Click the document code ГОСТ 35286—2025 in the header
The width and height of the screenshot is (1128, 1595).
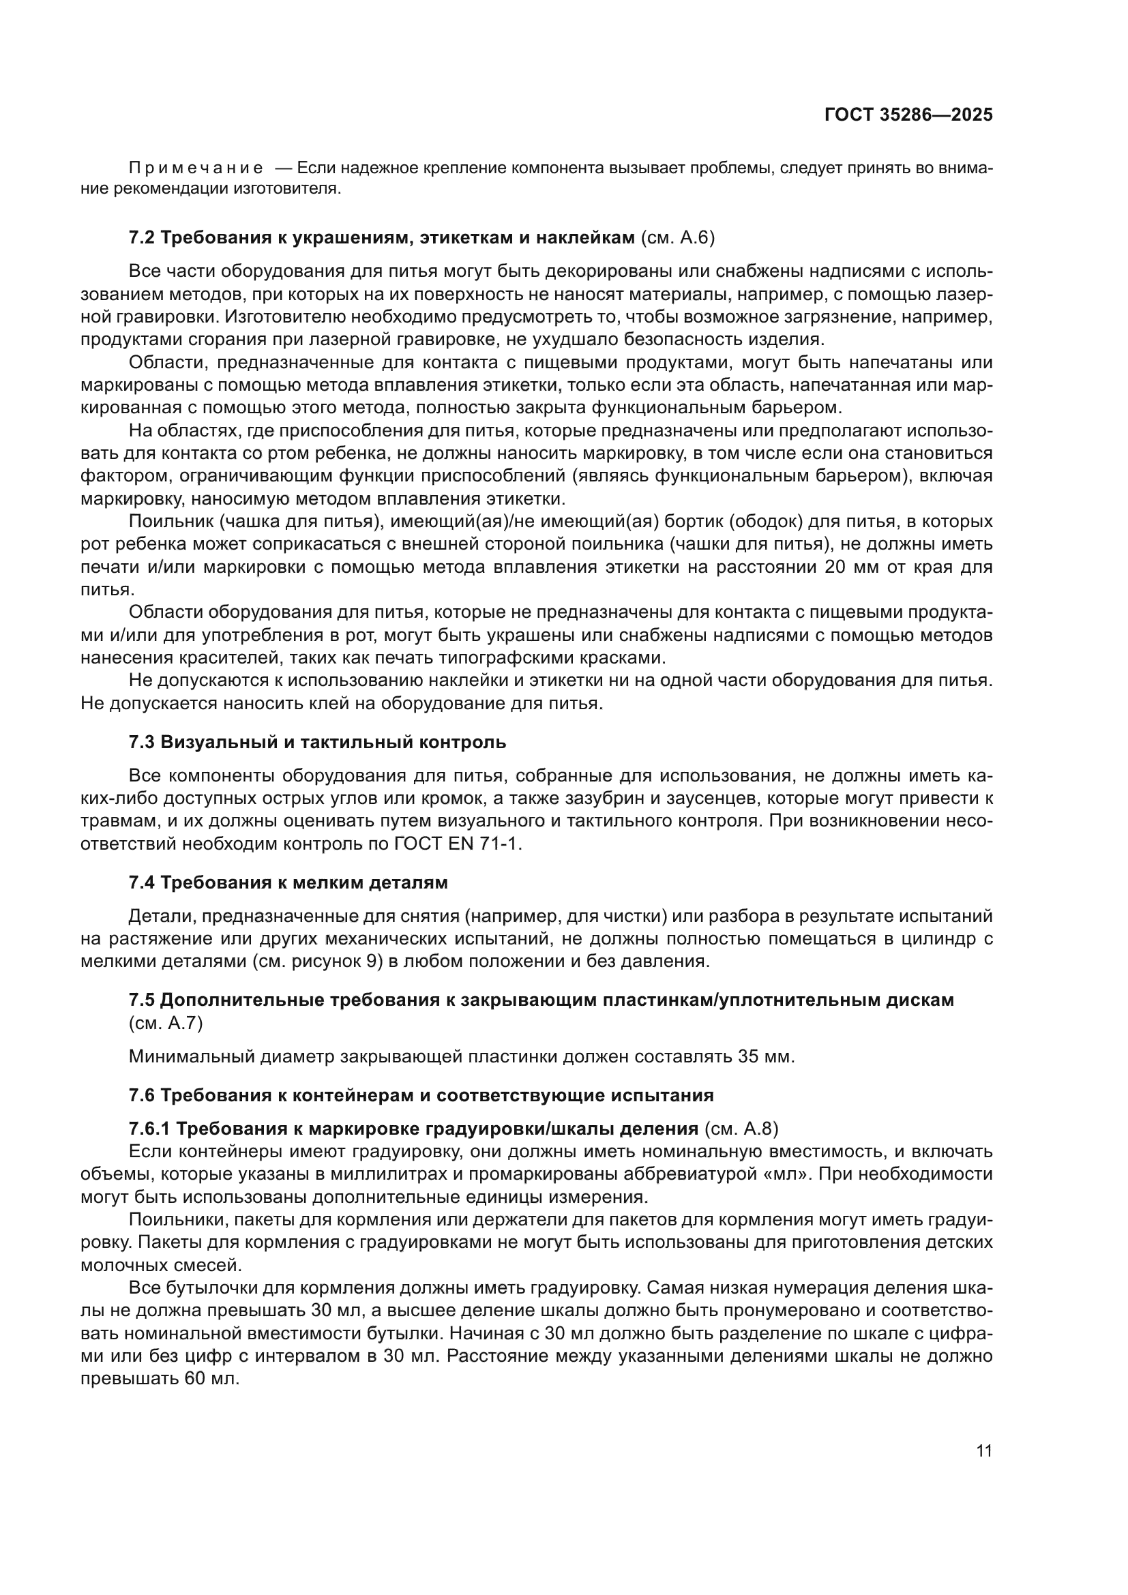pyautogui.click(x=908, y=115)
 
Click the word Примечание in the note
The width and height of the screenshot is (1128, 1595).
pyautogui.click(x=196, y=168)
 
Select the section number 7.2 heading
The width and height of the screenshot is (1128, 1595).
pyautogui.click(x=143, y=237)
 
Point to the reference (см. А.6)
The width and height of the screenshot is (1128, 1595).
pyautogui.click(x=677, y=237)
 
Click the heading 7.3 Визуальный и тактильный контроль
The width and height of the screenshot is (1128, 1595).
pyautogui.click(x=317, y=742)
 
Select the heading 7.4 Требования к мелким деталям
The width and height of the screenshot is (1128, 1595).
pyautogui.click(x=288, y=883)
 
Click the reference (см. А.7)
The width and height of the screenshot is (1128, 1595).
pyautogui.click(x=166, y=1024)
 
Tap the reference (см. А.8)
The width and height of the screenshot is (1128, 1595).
pyautogui.click(x=741, y=1129)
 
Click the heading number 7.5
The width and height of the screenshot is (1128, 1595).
pyautogui.click(x=143, y=1000)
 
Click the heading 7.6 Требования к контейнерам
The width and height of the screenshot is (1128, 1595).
pyautogui.click(x=421, y=1096)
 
